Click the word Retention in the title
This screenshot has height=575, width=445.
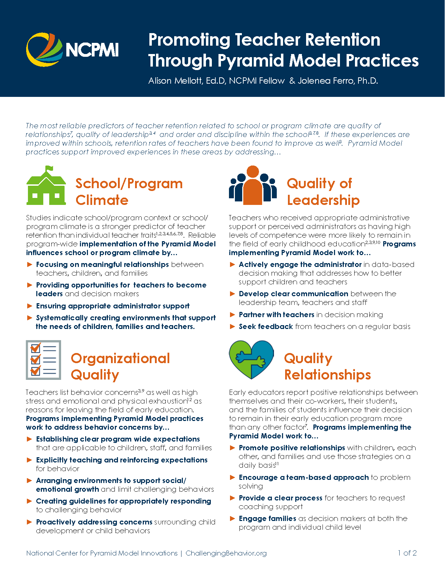[342, 40]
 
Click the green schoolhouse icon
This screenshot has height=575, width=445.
[46, 188]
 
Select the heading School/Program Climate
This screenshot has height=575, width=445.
[129, 192]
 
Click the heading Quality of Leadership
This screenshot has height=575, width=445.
[322, 192]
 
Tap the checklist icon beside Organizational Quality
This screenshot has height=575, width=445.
[43, 360]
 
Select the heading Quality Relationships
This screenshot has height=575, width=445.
[327, 366]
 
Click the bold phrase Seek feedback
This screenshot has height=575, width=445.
[266, 327]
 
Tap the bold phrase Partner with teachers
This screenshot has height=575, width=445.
[276, 315]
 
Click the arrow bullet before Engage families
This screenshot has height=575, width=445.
[232, 519]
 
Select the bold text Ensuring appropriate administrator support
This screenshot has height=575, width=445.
[113, 306]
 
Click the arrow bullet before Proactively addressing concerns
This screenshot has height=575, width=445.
[30, 522]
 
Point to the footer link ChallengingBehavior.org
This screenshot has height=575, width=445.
[226, 553]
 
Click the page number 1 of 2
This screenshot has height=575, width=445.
[407, 553]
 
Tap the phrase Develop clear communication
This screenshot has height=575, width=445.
[293, 294]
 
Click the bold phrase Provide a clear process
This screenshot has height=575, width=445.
[280, 498]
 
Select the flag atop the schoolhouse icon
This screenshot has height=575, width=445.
[50, 169]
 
